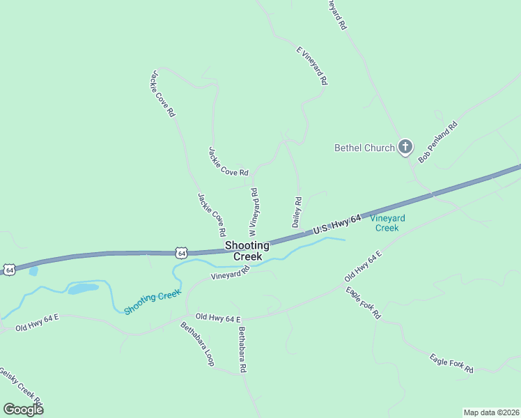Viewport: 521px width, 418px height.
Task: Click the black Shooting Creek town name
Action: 243,251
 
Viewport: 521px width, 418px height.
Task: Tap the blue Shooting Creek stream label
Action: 153,301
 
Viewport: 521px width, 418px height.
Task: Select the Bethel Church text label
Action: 364,148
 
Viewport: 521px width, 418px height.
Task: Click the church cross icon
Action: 405,147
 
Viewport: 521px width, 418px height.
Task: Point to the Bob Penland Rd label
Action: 437,142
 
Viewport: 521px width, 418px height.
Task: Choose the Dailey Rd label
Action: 296,212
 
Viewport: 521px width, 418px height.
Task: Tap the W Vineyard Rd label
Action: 254,211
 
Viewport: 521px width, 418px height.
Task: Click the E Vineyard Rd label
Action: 311,66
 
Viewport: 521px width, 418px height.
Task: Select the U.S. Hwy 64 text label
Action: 337,225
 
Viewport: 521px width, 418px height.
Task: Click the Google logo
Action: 23,409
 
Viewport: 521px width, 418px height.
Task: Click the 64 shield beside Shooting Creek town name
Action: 181,254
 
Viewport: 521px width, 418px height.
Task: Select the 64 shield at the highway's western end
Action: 8,269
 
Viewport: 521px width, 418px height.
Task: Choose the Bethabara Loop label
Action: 197,343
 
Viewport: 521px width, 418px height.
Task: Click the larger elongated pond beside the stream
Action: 83,288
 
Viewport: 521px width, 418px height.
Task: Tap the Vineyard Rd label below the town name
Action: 231,274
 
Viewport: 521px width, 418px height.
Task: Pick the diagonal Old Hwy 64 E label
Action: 364,267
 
